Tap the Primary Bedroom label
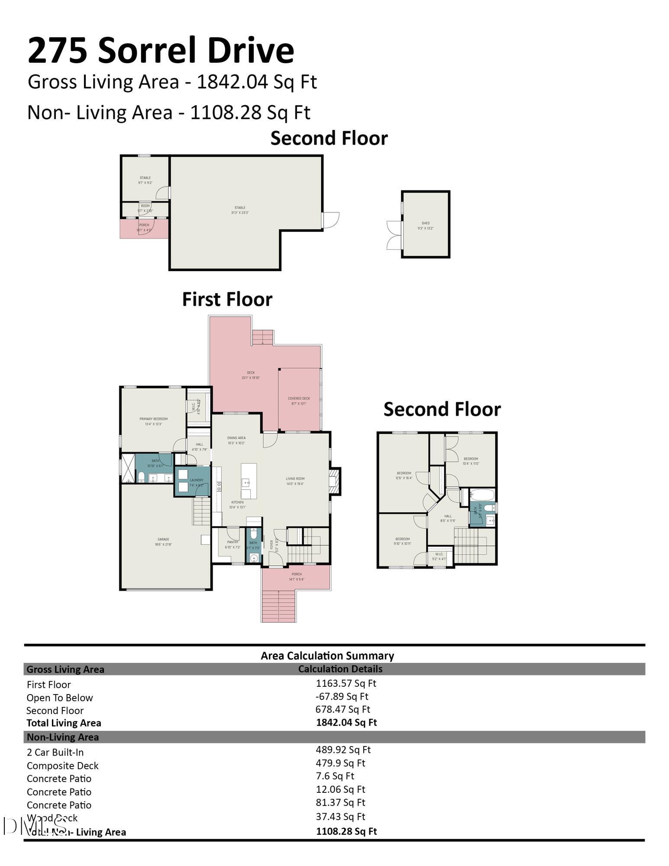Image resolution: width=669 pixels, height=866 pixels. (153, 421)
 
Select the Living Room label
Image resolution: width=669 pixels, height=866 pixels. (295, 481)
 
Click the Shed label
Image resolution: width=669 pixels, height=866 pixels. (426, 226)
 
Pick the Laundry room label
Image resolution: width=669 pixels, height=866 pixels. (196, 482)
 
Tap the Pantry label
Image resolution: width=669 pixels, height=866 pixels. (233, 544)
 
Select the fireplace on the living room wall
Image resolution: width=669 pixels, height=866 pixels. (335, 481)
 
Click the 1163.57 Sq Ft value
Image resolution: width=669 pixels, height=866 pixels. (346, 683)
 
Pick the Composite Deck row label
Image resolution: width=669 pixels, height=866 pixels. (62, 766)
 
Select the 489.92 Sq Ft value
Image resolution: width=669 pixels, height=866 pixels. (343, 750)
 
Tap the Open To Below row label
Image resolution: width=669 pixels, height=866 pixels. (59, 698)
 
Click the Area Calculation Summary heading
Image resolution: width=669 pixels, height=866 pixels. (327, 656)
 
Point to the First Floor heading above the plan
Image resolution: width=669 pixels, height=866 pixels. (227, 299)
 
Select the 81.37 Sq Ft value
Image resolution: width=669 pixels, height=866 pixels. (340, 802)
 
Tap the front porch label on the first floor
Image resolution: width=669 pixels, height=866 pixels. (296, 577)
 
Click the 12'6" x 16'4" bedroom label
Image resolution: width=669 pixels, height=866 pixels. (403, 475)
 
